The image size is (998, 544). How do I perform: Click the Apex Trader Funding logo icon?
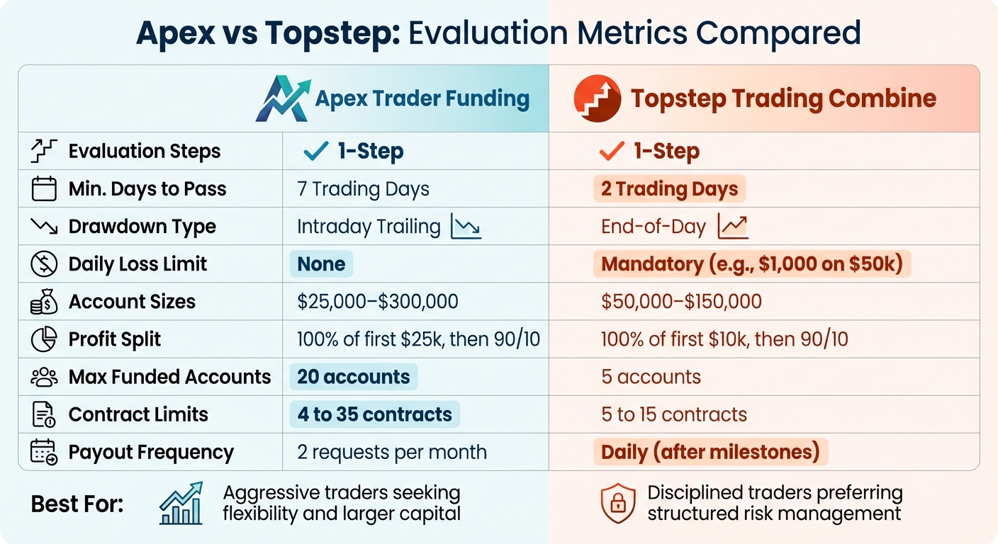(x=282, y=99)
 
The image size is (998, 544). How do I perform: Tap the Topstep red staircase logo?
(x=596, y=99)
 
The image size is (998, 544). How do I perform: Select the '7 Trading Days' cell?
(x=363, y=189)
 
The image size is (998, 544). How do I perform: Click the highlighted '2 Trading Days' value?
(x=669, y=189)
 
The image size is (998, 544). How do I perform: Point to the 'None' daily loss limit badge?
(x=321, y=264)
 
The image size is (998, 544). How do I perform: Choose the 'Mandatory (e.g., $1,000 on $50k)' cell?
(x=751, y=264)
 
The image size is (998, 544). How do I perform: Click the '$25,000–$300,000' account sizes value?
(x=378, y=302)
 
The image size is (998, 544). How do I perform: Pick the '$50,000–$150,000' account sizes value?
(x=681, y=302)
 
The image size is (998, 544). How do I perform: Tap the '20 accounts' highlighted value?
(x=353, y=377)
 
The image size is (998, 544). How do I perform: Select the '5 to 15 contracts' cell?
(x=673, y=414)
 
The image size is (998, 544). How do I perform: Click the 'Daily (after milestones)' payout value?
(x=710, y=452)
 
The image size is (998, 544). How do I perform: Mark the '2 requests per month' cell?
(x=392, y=452)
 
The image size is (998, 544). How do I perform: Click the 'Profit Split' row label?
(x=115, y=339)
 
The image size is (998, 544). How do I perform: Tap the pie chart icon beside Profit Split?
(x=44, y=339)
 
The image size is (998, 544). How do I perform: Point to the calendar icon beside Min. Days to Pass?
(x=44, y=189)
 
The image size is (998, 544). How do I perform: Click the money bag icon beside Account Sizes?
(x=44, y=302)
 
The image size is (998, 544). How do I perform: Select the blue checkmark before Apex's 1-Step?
(x=315, y=151)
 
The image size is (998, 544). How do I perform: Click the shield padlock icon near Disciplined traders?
(x=617, y=503)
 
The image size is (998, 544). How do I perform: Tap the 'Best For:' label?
(x=77, y=504)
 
